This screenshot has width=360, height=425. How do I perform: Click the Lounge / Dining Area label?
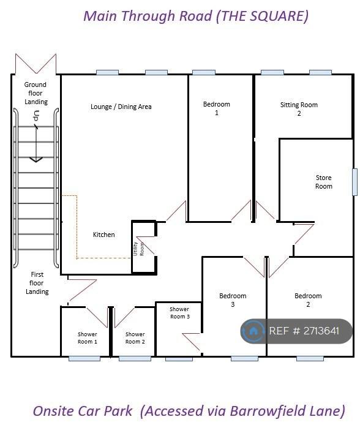point(121,107)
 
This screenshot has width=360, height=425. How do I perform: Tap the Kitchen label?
point(103,235)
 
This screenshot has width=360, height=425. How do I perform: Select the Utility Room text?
point(138,249)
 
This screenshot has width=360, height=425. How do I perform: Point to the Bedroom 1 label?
point(217,108)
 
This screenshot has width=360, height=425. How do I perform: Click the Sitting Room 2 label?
point(299,109)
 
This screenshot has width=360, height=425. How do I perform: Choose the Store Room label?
point(324,182)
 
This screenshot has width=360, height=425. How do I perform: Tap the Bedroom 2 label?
point(308,300)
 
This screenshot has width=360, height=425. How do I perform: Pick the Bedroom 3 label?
point(233,300)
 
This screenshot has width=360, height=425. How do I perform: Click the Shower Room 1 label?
point(87,337)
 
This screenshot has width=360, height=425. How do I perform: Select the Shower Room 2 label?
point(135,337)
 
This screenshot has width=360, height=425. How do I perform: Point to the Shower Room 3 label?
point(179,312)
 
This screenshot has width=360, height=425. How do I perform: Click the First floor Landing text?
point(37,283)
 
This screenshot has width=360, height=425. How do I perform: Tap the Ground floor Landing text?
point(36,93)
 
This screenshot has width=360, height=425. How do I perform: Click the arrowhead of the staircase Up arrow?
point(36,160)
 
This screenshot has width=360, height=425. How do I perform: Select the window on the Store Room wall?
point(354,182)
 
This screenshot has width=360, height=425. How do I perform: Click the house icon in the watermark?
point(253,331)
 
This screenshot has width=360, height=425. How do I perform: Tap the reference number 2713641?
point(321,331)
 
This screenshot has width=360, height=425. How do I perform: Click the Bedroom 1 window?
point(204,72)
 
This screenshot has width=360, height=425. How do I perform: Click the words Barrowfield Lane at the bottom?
point(287,411)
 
